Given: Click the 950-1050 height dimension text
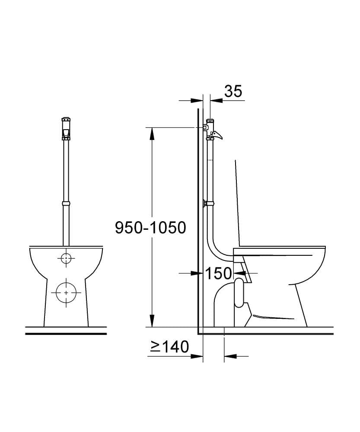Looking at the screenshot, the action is (150, 228).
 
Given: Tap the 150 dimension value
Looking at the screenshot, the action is (218, 273).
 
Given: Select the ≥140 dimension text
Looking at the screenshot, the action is (169, 346).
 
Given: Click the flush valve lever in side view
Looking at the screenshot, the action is (217, 135).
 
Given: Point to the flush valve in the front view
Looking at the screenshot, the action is (66, 129).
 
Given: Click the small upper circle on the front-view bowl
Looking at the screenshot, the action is (66, 258).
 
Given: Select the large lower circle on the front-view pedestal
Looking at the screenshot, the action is (66, 292).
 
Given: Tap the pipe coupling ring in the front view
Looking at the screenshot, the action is (66, 203).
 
